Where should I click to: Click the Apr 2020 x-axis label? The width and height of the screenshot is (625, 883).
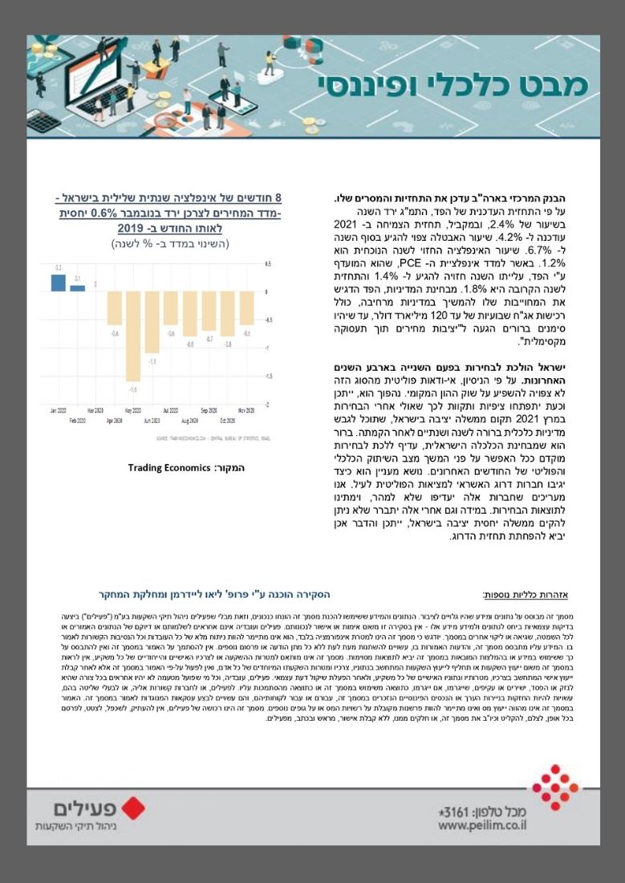click(115, 420)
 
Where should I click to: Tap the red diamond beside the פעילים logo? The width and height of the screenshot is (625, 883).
click(132, 808)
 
